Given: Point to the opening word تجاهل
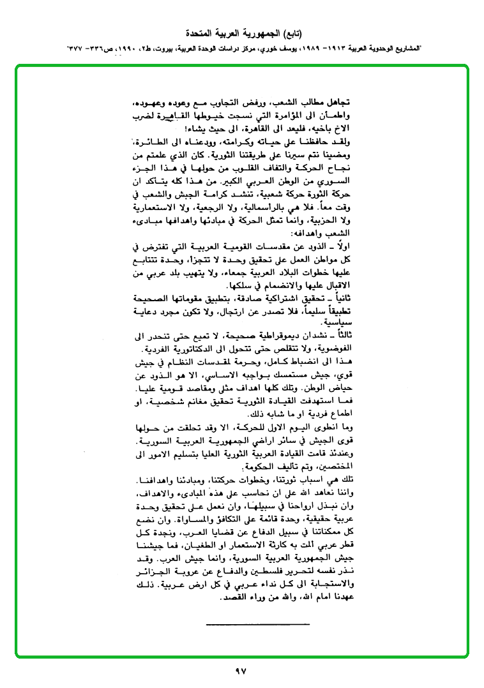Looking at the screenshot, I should tap(343, 103).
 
